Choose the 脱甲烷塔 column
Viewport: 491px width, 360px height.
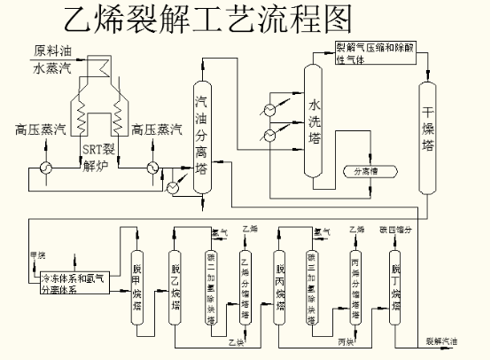(136, 284)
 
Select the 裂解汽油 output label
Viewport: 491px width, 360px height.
(443, 340)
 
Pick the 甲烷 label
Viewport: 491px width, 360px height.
(37, 255)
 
